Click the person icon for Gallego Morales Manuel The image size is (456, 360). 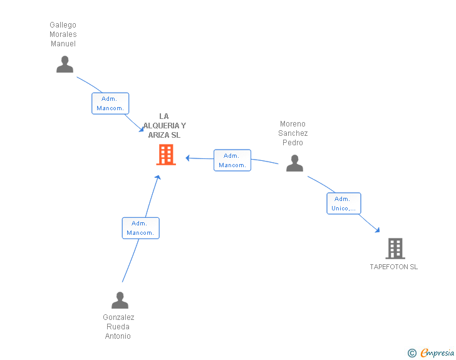[65, 64]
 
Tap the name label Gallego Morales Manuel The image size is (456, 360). [63, 34]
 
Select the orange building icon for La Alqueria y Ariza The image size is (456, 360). [166, 155]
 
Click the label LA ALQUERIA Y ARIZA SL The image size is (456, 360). [163, 125]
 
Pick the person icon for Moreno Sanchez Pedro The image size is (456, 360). [294, 163]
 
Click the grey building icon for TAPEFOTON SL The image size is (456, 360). [395, 249]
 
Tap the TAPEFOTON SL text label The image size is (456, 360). [393, 267]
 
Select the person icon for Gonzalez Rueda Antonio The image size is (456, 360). [120, 301]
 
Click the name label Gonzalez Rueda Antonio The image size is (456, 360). [118, 326]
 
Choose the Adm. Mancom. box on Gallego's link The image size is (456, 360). [110, 103]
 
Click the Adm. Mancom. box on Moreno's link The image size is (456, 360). [232, 160]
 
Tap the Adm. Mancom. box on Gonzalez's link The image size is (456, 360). [140, 228]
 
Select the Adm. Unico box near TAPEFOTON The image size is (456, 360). [343, 203]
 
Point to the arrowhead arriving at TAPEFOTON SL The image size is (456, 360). [377, 230]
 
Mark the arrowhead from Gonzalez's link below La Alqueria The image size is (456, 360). [158, 178]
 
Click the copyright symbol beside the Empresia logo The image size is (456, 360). [412, 353]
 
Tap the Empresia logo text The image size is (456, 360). [437, 352]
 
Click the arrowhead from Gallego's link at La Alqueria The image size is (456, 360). [142, 130]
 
